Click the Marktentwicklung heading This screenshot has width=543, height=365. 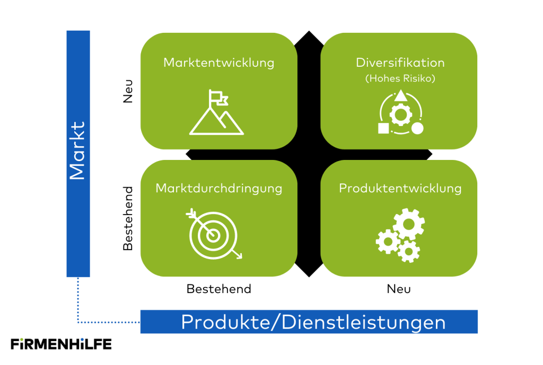[x=218, y=63]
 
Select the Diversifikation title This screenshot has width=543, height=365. [x=400, y=63]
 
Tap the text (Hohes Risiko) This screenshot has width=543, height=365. [x=400, y=78]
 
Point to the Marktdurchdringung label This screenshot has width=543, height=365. [x=218, y=188]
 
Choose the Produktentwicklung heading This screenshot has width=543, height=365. [x=400, y=188]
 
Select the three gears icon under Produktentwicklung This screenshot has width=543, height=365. [x=399, y=235]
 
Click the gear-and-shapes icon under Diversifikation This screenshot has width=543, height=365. [x=400, y=112]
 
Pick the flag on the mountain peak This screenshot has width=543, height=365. [x=218, y=97]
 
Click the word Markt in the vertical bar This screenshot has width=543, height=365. [x=78, y=151]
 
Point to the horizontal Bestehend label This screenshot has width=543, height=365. [x=218, y=289]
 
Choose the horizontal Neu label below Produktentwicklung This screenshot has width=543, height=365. [x=399, y=289]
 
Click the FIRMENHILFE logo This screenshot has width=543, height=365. [x=61, y=343]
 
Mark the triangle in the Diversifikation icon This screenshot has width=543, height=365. [x=400, y=96]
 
